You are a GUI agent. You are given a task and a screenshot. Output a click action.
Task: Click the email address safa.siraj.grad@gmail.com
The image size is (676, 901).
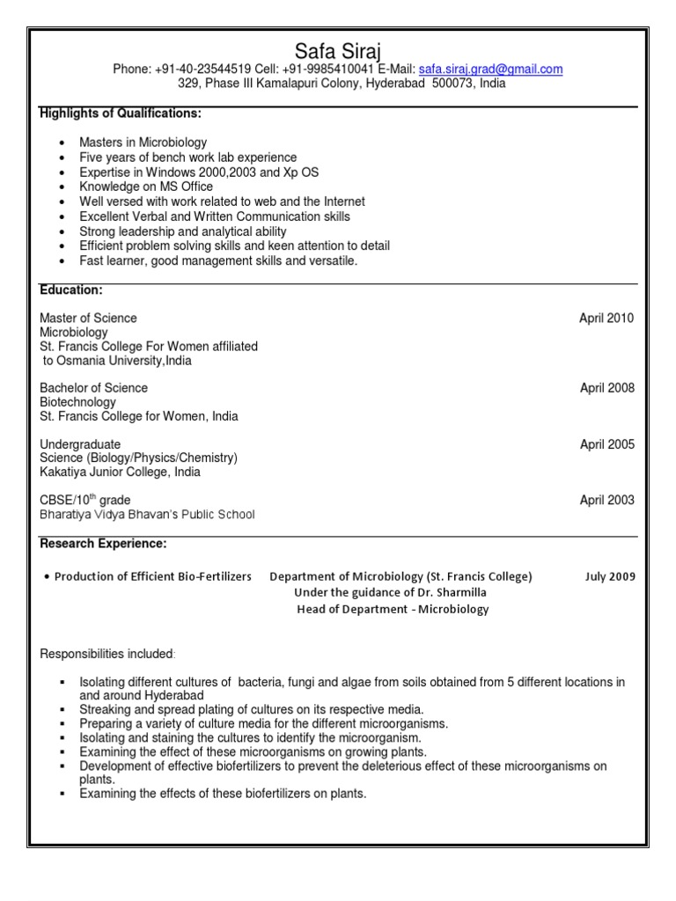tap(490, 70)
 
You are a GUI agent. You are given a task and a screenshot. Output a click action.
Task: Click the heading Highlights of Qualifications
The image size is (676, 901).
tap(121, 114)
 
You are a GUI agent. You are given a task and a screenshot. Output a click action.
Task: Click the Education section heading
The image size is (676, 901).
tap(71, 289)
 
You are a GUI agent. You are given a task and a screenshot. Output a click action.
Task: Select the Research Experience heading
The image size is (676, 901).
tap(103, 544)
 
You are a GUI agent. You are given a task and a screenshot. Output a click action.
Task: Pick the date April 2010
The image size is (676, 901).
tap(606, 319)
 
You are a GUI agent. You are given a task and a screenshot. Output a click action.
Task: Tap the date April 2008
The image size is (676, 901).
tap(606, 388)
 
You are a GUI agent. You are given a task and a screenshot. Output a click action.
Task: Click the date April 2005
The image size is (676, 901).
tap(606, 444)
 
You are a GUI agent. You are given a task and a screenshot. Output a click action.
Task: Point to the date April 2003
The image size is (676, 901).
tap(606, 501)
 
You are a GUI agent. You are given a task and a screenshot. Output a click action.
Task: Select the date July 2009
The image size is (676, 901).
tap(609, 577)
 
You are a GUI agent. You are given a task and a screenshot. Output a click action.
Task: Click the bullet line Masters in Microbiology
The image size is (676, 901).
tap(143, 143)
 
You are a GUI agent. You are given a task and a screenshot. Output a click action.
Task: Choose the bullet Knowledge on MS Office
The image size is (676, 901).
tap(146, 187)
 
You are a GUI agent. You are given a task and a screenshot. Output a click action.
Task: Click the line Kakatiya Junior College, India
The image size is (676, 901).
tap(120, 472)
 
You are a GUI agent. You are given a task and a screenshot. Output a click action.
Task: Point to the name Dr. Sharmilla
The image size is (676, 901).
tap(447, 593)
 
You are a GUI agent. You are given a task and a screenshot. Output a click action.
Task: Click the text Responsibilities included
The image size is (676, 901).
tap(107, 654)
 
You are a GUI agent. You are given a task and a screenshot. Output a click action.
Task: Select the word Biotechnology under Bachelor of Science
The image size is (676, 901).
tap(77, 402)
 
